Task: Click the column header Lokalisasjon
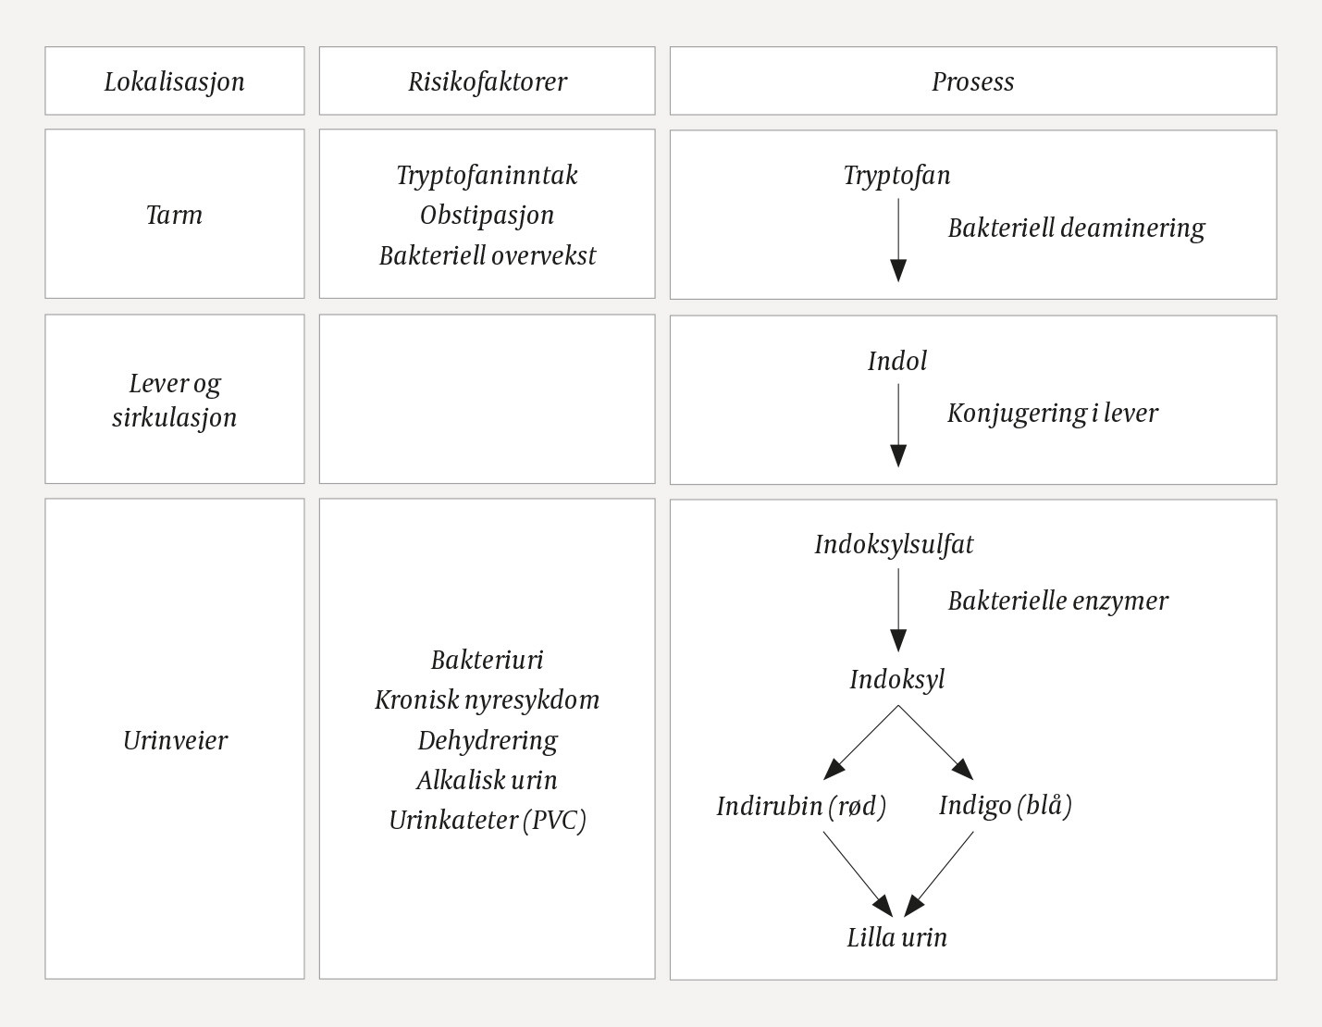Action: [174, 81]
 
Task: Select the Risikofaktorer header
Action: [487, 81]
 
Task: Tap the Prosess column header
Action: [972, 81]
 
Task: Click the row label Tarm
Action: [174, 215]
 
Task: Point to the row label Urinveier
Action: [175, 740]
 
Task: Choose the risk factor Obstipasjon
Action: [487, 215]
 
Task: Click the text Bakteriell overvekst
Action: [487, 255]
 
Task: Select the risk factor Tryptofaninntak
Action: [487, 175]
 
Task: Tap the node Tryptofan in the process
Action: [896, 175]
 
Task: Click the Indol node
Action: [896, 361]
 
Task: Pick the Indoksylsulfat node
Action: [894, 544]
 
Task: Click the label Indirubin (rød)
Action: [801, 806]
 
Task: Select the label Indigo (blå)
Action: [1005, 805]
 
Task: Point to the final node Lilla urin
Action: [896, 937]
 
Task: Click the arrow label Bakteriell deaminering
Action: [1076, 228]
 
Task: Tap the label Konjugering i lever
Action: [1052, 413]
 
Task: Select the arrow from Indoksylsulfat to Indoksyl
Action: [897, 610]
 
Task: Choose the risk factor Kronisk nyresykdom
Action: [487, 699]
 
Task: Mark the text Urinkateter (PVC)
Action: [487, 820]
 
